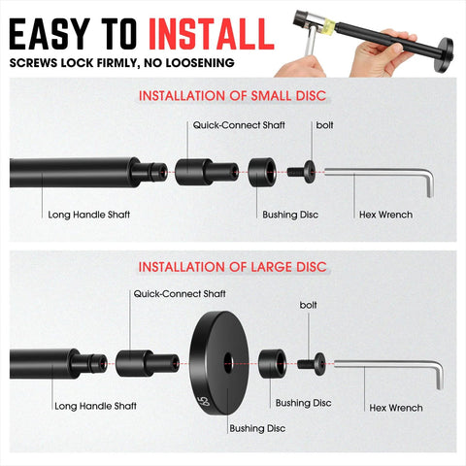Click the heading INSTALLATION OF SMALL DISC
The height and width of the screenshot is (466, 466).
233,96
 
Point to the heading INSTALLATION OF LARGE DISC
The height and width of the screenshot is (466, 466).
233,266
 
